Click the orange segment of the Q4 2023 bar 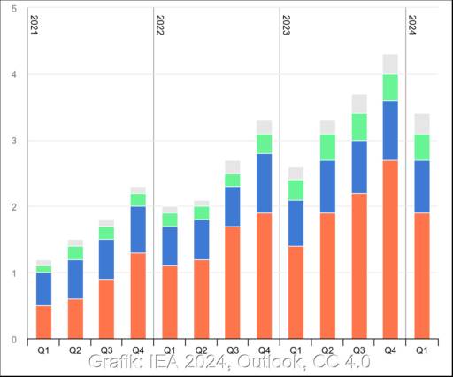[x=390, y=250]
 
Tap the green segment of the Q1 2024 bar [x=422, y=147]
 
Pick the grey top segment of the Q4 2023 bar [x=390, y=65]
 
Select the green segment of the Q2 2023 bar [x=327, y=147]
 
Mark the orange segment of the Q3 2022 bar [x=233, y=282]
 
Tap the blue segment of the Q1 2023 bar [x=296, y=223]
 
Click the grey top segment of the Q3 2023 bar [x=359, y=104]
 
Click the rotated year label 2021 [x=34, y=25]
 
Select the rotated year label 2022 [x=159, y=25]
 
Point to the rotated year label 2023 [x=286, y=25]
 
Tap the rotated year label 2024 [x=411, y=25]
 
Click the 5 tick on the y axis [x=15, y=9]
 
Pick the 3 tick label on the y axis [x=15, y=141]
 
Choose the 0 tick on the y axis [x=15, y=340]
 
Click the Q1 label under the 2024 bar [x=422, y=350]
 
